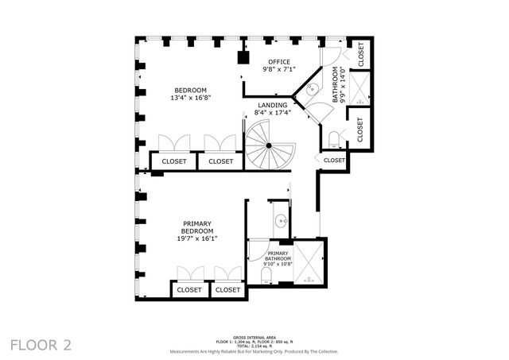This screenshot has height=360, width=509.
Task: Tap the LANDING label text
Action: coord(272,105)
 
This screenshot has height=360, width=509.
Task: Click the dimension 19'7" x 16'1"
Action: coord(197,238)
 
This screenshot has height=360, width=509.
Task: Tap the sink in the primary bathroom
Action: coord(280,221)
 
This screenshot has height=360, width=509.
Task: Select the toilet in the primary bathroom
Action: coord(267,278)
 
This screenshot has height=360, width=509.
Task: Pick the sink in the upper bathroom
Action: coord(313,90)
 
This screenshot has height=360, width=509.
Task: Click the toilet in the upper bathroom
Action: coord(334,141)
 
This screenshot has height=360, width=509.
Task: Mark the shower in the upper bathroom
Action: coord(359,89)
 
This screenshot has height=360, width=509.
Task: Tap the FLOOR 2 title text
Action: coord(41,344)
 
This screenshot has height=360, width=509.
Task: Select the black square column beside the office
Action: coord(244,57)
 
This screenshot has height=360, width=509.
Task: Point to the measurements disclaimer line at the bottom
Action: coord(254,350)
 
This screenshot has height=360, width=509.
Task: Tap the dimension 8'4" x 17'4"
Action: coord(272,113)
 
